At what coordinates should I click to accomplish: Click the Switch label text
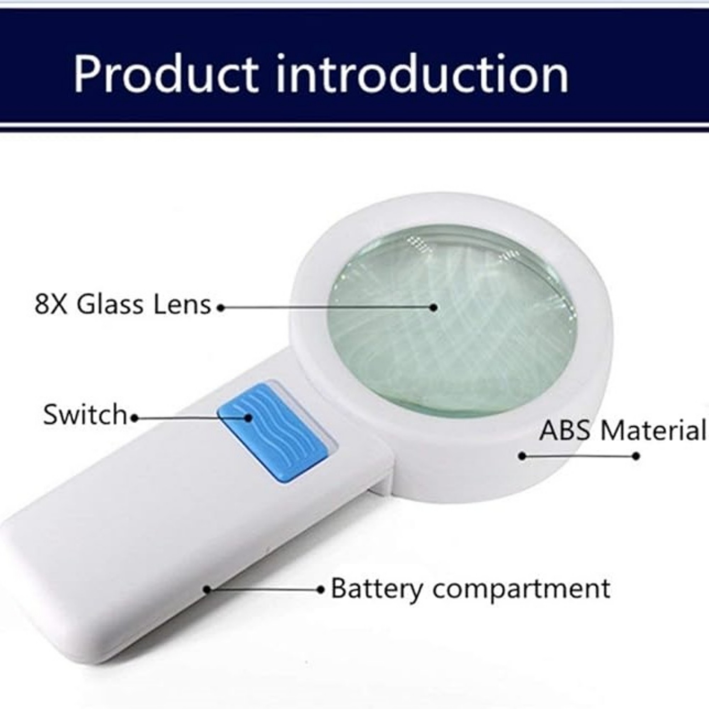(85, 414)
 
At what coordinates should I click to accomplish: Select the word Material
(653, 430)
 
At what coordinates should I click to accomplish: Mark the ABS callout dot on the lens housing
(523, 456)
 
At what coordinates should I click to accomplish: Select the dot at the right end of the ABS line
(636, 456)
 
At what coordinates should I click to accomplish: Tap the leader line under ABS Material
(580, 456)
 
